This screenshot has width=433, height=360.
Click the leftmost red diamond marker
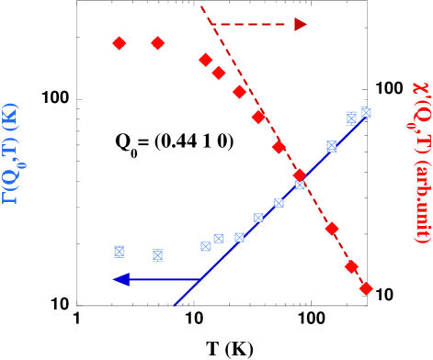(x=119, y=43)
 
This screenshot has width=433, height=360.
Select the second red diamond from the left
(x=157, y=43)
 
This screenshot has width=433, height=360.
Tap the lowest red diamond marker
(x=366, y=288)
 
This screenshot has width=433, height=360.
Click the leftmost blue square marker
(x=119, y=252)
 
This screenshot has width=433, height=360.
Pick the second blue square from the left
(x=157, y=255)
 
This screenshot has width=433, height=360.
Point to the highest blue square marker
(x=366, y=113)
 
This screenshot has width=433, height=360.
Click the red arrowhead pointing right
(x=301, y=24)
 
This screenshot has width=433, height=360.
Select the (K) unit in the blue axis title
(x=10, y=117)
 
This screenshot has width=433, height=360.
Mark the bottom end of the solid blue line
(x=175, y=303)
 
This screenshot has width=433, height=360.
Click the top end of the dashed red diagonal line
(x=201, y=6)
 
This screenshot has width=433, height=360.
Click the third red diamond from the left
(x=206, y=60)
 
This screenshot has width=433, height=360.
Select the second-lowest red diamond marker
(x=351, y=267)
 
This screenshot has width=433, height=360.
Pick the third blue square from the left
(x=206, y=246)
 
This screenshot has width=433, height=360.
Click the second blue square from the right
(x=351, y=118)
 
